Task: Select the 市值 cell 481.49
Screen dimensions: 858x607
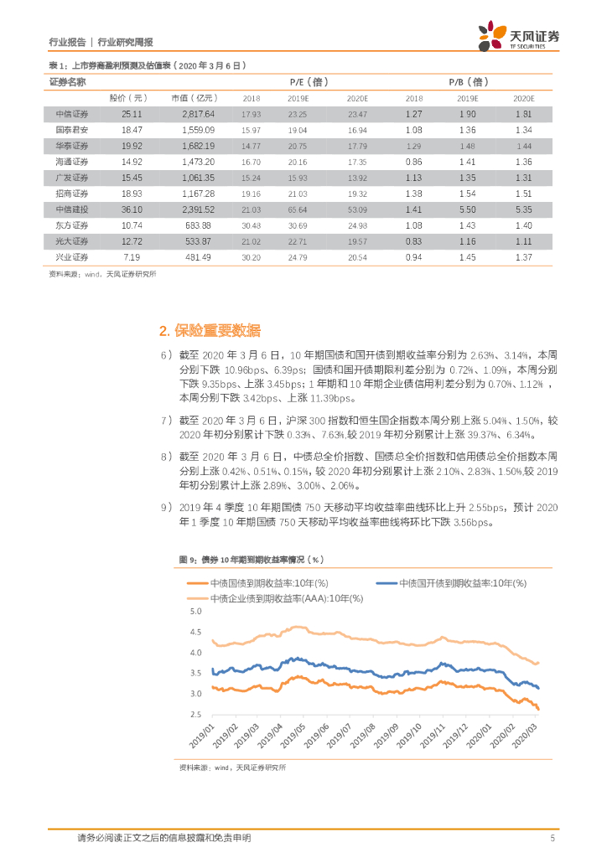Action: [198, 257]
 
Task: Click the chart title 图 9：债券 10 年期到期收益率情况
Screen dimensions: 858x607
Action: [252, 559]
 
